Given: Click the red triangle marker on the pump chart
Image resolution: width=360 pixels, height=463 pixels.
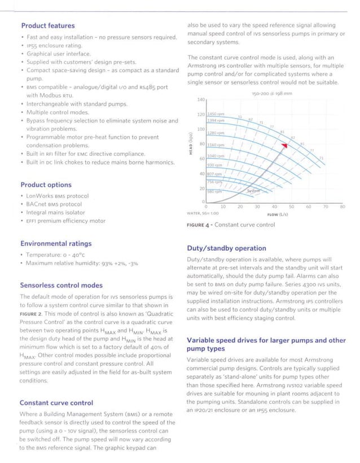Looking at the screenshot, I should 285,145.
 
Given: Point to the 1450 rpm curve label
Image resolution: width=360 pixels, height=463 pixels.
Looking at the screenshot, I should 217,115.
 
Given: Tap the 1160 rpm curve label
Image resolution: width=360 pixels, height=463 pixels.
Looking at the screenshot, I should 217,145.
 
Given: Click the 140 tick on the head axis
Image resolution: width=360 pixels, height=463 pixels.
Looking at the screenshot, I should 200,100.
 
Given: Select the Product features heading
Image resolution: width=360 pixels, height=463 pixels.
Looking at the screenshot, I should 47,25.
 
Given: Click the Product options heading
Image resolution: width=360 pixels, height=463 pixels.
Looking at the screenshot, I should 46,185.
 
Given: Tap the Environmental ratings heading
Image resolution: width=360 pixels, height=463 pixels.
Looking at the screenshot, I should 55,243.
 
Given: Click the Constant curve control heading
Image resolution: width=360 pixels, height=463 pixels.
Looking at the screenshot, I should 56,403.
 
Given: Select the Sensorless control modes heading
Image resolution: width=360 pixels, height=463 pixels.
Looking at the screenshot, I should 61,285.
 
